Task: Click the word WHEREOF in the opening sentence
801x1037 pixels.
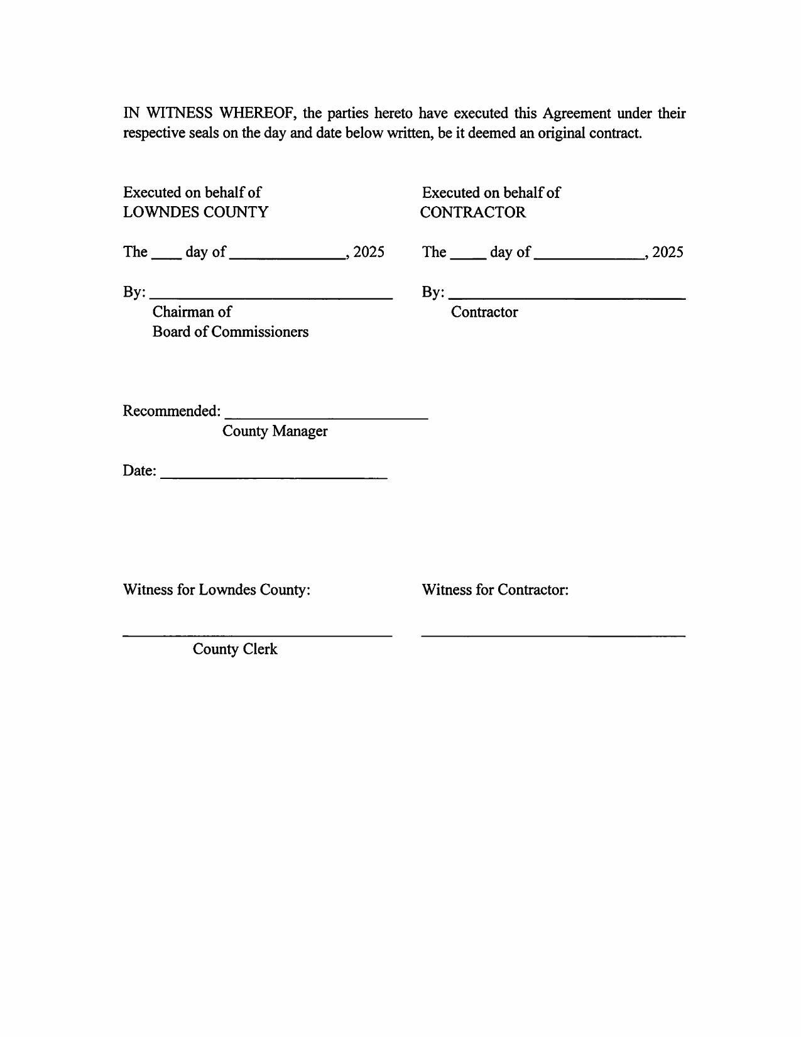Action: tap(254, 113)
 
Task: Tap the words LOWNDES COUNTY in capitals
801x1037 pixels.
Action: tap(195, 212)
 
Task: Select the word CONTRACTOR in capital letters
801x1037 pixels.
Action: tap(473, 212)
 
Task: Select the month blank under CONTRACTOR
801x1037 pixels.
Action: tap(589, 255)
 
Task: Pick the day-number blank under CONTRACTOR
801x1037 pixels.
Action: tap(468, 255)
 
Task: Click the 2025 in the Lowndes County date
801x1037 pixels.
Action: tap(369, 252)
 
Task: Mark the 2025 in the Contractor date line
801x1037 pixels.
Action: tap(668, 252)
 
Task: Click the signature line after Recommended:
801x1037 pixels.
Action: tap(326, 415)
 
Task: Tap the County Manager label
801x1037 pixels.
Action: tap(275, 431)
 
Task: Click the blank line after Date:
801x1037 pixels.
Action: tap(274, 476)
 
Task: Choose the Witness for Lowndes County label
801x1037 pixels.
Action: tap(217, 590)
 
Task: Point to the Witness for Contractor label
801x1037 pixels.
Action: tap(495, 590)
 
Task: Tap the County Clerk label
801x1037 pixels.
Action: tap(235, 649)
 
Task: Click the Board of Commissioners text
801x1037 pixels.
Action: tap(231, 332)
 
